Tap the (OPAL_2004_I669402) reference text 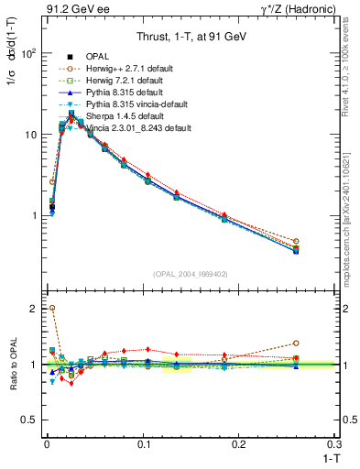click(191, 274)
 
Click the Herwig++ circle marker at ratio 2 click(51, 308)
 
